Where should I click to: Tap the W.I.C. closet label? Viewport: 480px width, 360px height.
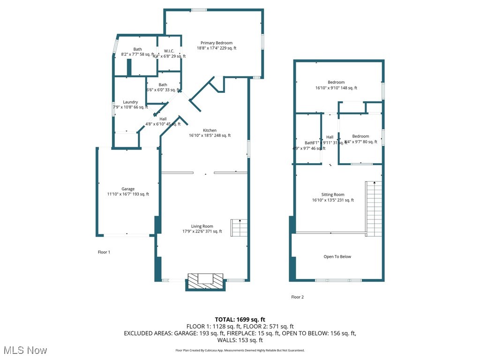point(169,51)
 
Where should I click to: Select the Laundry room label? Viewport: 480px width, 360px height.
point(130,102)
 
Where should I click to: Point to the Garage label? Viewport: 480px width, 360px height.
point(128,189)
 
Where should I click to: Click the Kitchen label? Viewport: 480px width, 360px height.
point(210,130)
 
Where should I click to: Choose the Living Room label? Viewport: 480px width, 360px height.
point(202,226)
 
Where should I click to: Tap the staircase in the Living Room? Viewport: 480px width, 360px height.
point(239,228)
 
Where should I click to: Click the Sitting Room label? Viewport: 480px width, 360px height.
point(333,195)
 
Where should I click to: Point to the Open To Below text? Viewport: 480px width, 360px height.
point(337,257)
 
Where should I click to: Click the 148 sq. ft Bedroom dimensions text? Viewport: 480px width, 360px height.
point(336,88)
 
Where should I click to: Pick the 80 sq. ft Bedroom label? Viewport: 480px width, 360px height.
point(360,136)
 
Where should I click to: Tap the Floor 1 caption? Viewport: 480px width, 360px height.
point(104,252)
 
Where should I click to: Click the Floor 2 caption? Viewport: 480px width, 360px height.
point(297,297)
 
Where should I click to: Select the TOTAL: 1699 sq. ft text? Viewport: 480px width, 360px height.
point(240,320)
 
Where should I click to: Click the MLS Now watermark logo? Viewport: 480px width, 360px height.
point(25,350)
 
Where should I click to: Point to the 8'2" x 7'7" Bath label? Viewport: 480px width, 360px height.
point(137,49)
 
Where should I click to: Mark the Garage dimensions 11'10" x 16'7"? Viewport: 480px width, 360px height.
point(128,195)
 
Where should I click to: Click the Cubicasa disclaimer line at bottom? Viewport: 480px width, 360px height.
point(240,350)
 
